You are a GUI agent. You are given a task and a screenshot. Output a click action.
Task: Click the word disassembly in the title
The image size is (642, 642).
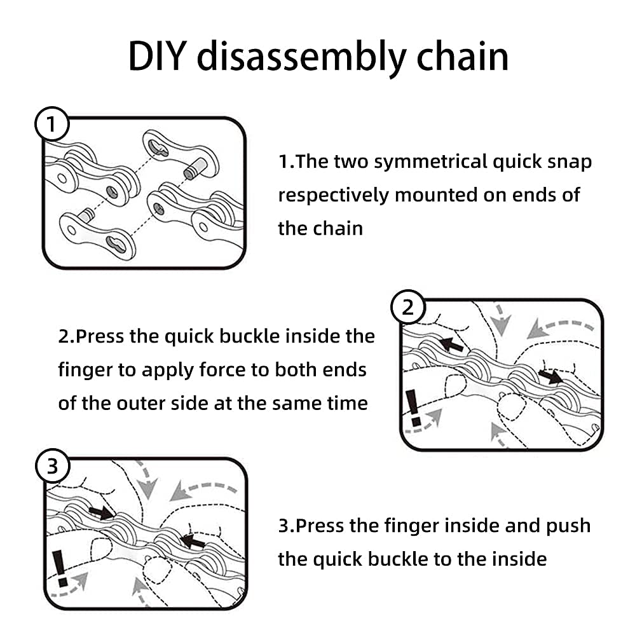click(x=301, y=57)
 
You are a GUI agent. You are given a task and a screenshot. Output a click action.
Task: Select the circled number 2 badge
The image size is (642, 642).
click(x=408, y=308)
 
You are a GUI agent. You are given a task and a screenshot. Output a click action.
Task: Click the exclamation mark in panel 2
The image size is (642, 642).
click(x=413, y=407)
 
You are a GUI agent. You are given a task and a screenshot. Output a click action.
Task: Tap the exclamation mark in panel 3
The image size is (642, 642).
click(x=60, y=568)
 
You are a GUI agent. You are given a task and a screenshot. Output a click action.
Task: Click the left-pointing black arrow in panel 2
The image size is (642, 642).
click(x=451, y=345)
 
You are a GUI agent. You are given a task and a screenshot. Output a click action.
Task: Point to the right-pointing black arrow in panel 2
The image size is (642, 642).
click(x=550, y=376)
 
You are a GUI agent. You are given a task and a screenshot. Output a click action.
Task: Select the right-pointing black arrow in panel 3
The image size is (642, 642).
click(x=101, y=512)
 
